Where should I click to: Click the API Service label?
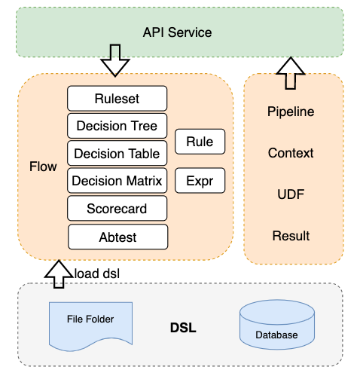pos(177,32)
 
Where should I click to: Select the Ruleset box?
pos(117,99)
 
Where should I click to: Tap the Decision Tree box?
pos(117,126)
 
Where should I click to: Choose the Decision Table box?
pos(117,153)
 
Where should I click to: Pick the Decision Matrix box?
pos(117,181)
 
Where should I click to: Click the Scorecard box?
pos(117,208)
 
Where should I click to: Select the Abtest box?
pos(117,237)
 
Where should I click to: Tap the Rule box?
pos(200,142)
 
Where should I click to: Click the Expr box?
pos(200,181)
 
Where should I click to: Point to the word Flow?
pos(43,167)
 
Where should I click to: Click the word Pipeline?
pos(291,112)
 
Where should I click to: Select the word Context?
pos(291,153)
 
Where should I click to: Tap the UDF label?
pos(291,194)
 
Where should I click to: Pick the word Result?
pos(291,236)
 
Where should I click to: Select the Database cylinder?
pos(277,325)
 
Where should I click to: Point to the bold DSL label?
pos(183,328)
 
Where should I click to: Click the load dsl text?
pos(97,274)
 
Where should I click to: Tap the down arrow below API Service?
pos(115,60)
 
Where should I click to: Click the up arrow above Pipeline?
pos(291,73)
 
